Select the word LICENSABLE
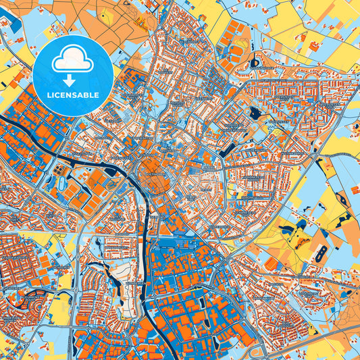click(72, 95)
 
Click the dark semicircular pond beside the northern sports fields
click(255, 63)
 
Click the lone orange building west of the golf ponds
click(270, 263)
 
